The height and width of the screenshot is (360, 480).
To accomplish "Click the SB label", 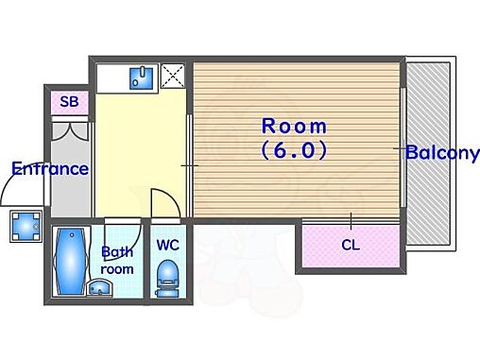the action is tap(69, 101).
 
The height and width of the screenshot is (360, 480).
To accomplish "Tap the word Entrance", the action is tap(50, 168).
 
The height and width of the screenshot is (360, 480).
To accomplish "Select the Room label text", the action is tap(294, 126).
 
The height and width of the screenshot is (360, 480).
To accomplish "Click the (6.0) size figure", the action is tap(294, 150).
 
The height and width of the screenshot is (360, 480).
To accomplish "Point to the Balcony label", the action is tap(442, 153).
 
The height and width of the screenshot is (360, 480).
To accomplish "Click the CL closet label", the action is tap(351, 245).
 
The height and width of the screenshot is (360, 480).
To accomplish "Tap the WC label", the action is tap(168, 245).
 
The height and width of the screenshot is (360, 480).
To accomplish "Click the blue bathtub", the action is tap(71, 262).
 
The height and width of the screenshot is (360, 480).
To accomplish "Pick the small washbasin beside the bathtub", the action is tap(100, 287).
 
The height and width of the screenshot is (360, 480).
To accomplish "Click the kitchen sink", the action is tap(142, 77).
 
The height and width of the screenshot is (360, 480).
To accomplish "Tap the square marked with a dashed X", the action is tap(172, 76).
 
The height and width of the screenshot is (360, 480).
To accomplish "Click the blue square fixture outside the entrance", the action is tap(26, 226).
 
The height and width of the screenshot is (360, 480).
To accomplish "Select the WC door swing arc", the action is tap(170, 197).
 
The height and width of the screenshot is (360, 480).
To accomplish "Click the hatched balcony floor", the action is tap(428, 153).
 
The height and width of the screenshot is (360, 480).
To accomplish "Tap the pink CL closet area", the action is tap(351, 246).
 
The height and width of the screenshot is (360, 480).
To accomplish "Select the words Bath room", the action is tap(117, 261).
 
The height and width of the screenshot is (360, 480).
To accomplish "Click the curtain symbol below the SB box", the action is tap(70, 131).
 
